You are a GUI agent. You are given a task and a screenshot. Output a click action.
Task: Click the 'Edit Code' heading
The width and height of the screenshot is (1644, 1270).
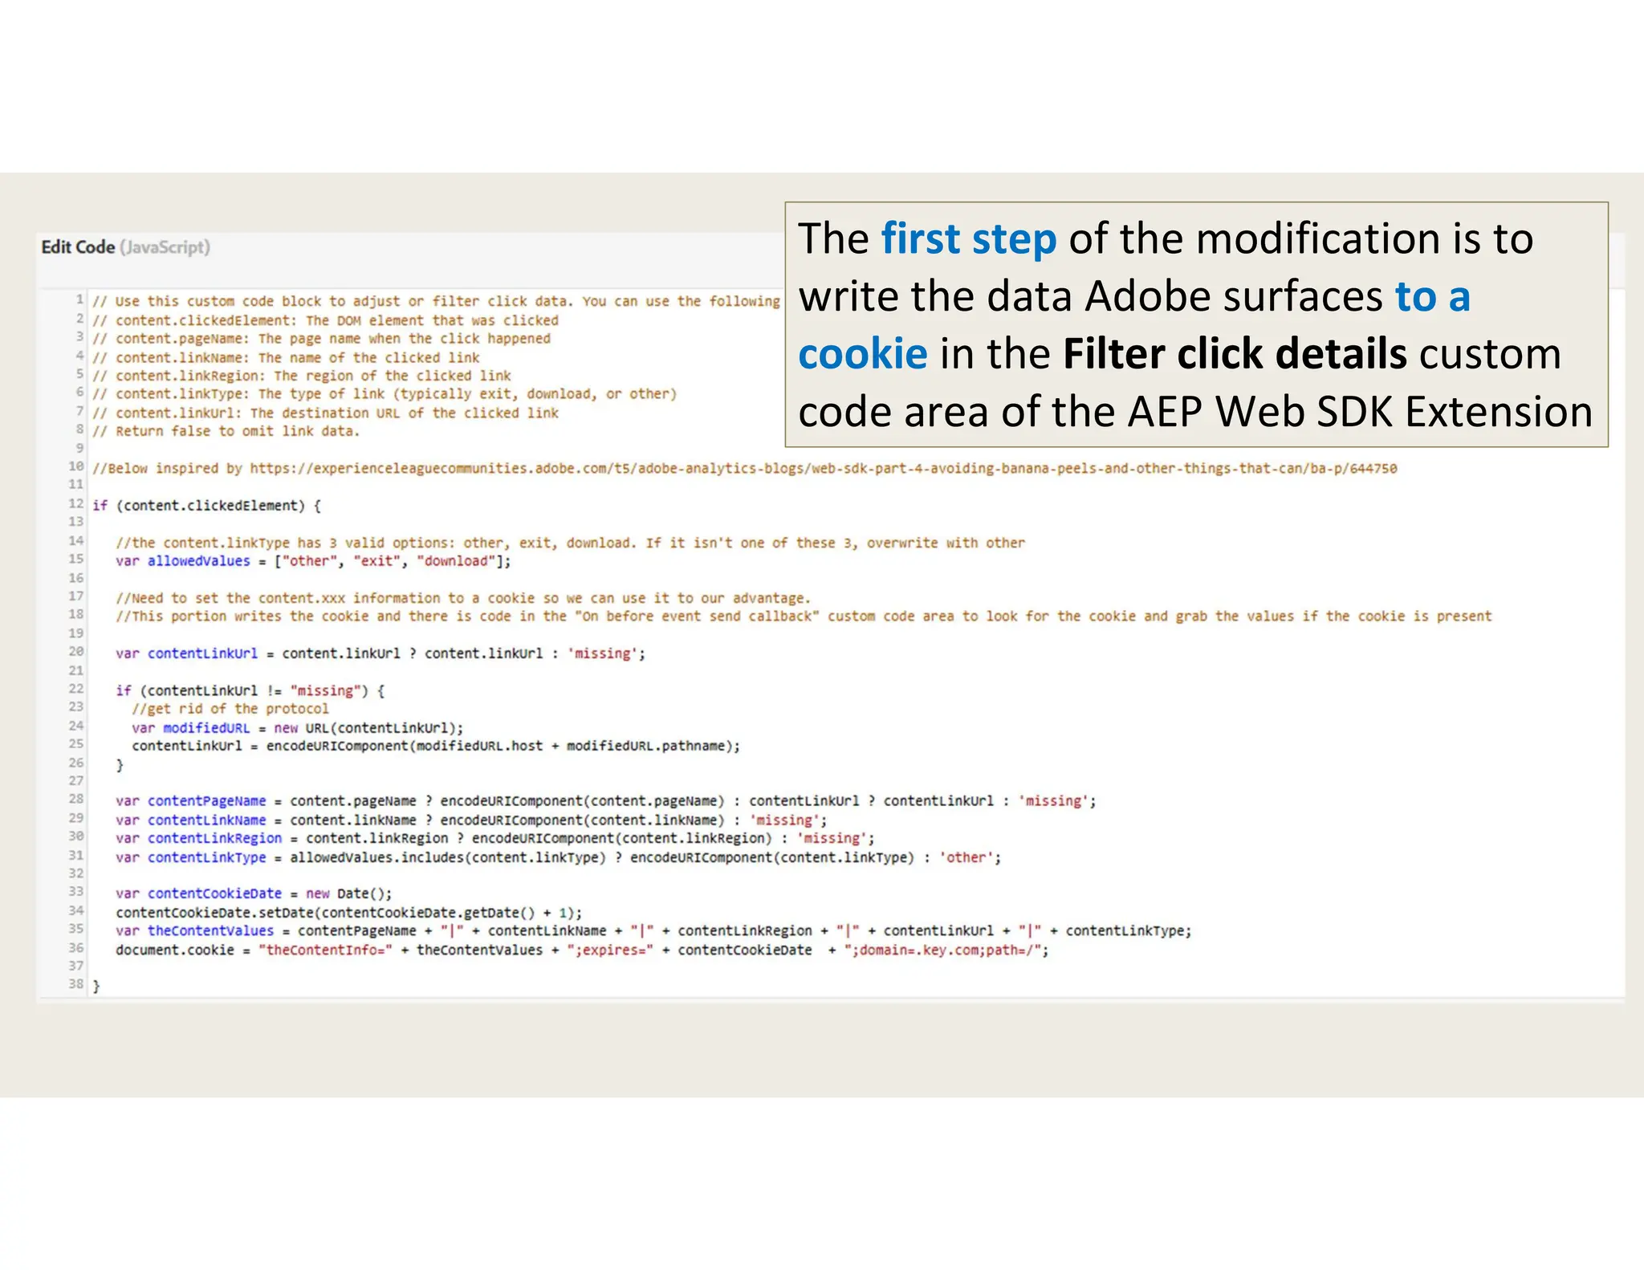click(78, 247)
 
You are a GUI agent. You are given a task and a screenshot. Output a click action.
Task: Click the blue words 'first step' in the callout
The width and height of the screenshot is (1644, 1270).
click(968, 239)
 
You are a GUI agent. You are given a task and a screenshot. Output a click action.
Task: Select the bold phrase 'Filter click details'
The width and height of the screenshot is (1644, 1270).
click(1234, 354)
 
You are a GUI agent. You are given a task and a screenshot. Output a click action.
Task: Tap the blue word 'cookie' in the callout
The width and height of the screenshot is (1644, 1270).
click(862, 354)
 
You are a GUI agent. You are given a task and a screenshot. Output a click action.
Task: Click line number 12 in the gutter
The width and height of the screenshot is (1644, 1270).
click(76, 504)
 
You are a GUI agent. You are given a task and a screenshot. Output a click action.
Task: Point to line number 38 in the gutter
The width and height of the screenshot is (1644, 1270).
click(76, 984)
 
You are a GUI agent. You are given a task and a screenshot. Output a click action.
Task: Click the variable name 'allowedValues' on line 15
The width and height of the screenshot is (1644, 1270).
click(198, 561)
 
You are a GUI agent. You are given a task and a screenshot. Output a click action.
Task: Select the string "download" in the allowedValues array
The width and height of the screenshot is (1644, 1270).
click(455, 561)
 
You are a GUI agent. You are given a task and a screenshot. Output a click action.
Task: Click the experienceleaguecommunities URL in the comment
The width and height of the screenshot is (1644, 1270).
click(823, 468)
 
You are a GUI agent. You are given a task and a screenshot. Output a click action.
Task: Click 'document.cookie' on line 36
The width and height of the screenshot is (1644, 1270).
click(175, 950)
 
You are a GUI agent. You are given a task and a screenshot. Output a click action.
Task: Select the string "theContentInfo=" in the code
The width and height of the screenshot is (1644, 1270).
click(325, 950)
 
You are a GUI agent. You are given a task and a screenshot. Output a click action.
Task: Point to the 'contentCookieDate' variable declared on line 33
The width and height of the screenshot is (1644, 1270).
click(214, 893)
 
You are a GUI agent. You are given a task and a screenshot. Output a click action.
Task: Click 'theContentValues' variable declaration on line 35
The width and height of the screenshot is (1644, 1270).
click(210, 931)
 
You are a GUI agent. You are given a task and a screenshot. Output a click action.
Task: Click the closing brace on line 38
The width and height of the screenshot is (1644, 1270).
click(96, 986)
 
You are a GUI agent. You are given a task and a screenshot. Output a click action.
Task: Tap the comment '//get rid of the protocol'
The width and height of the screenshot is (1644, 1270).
click(230, 709)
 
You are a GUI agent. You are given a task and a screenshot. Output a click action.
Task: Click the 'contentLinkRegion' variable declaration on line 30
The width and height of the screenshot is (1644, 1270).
click(214, 838)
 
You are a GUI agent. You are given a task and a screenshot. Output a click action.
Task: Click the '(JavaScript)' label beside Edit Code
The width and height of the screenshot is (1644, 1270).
click(165, 247)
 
